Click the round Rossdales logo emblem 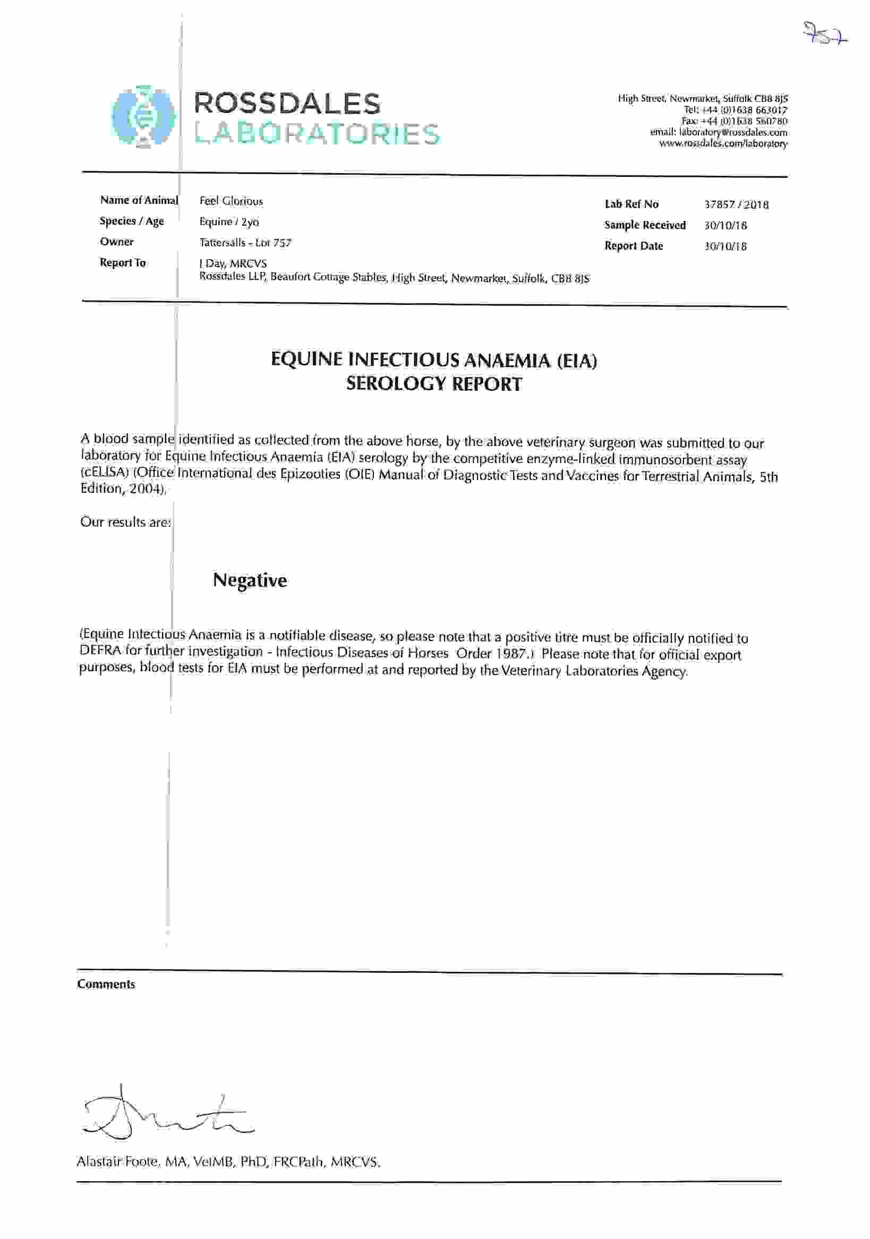point(143,116)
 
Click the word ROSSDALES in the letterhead point(287,104)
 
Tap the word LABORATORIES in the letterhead point(317,134)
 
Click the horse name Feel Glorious point(231,201)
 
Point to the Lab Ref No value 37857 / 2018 point(736,204)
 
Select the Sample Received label point(645,225)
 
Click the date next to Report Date point(726,246)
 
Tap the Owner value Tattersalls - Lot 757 point(245,243)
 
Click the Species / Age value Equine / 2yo point(229,222)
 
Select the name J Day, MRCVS point(233,263)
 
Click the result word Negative point(250,580)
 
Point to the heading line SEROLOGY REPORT point(434,383)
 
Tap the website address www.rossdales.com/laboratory point(723,144)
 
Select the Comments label point(106,984)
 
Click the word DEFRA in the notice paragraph point(100,650)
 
